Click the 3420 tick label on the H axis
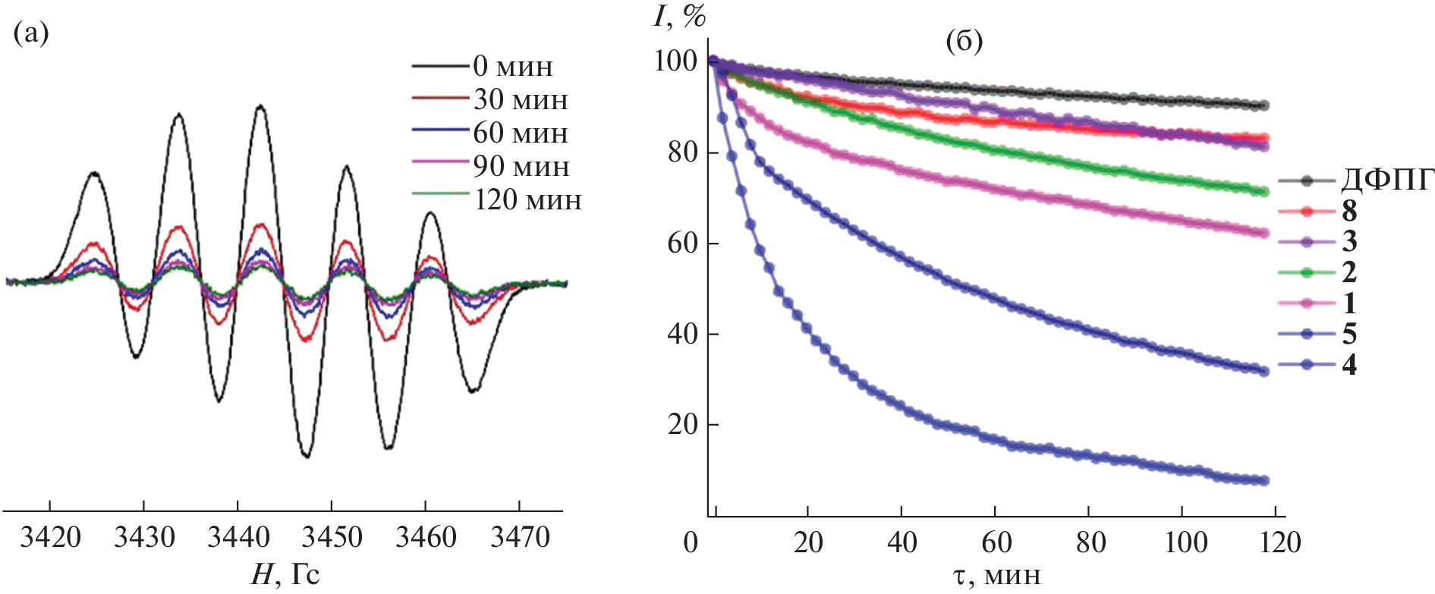50,538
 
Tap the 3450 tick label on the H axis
332,538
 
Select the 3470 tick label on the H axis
520,538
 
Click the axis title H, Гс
285,575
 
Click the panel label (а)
31,33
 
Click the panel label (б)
964,41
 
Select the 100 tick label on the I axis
675,61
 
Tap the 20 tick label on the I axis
682,424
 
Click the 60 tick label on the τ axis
996,543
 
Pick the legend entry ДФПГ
1387,181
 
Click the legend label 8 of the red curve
1349,211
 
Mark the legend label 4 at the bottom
1349,366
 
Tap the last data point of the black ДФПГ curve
1263,105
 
